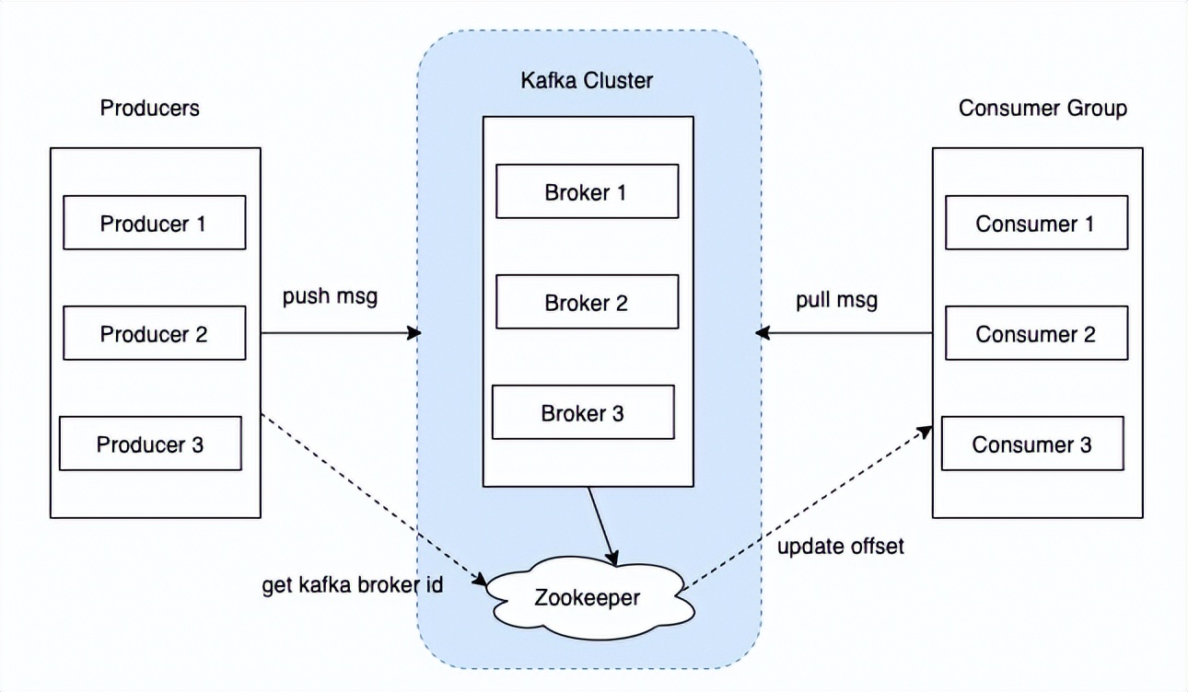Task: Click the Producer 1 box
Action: point(154,223)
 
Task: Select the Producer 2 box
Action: point(154,333)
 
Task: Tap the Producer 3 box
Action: point(150,444)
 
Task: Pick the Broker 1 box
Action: point(587,191)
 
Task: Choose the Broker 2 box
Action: point(587,303)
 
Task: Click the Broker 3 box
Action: point(583,413)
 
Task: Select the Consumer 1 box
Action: point(1036,223)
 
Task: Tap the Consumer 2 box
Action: point(1036,333)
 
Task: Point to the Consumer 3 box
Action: point(1032,444)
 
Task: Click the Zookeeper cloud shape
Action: point(587,597)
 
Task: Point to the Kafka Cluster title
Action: point(587,80)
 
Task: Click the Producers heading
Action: point(149,108)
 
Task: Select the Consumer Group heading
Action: point(1042,108)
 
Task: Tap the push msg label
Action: point(330,297)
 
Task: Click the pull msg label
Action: point(836,300)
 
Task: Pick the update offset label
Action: point(841,547)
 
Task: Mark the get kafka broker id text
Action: point(353,585)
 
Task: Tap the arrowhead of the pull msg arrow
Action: point(762,333)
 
